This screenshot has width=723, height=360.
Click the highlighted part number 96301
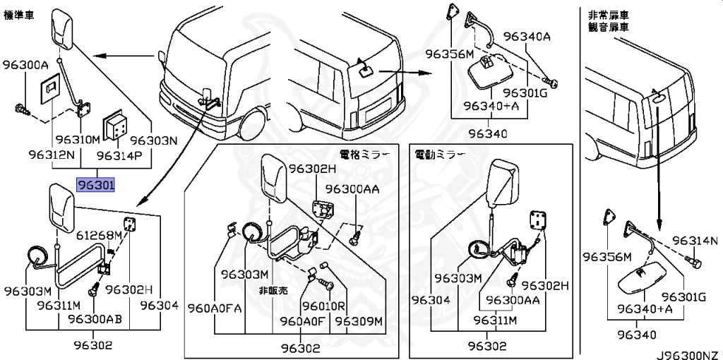pyautogui.click(x=95, y=186)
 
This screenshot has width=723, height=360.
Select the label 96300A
pyautogui.click(x=25, y=66)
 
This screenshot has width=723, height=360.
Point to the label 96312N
pyautogui.click(x=52, y=153)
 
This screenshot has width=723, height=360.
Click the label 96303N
pyautogui.click(x=152, y=140)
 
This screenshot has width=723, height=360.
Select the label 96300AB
pyautogui.click(x=95, y=319)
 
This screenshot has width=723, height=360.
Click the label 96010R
pyautogui.click(x=323, y=306)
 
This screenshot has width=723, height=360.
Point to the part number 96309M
pyautogui.click(x=359, y=321)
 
